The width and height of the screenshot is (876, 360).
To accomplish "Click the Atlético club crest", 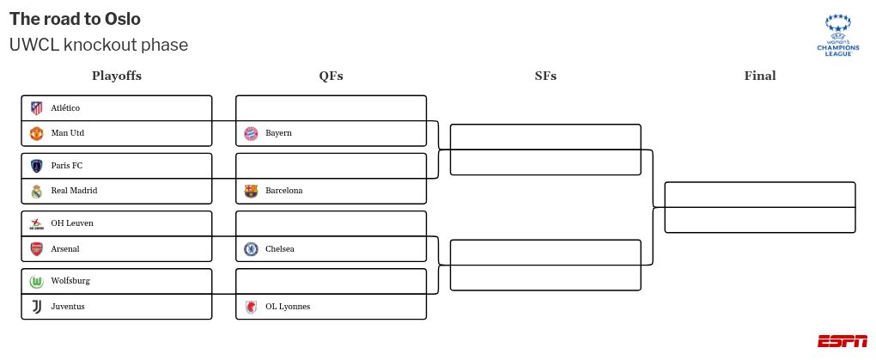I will tap(36, 108).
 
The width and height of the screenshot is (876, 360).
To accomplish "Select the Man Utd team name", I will tap(67, 133).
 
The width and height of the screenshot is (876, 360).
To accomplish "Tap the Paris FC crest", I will tap(36, 166).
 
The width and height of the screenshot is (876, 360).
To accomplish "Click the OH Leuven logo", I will tap(36, 223).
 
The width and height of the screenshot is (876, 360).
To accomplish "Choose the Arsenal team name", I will tap(65, 249).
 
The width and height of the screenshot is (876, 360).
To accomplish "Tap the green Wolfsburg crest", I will tap(36, 281).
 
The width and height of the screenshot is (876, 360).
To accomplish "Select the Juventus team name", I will tap(68, 307).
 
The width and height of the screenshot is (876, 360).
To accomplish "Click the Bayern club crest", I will tap(251, 133).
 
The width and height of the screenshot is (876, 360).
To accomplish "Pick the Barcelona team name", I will tap(283, 191).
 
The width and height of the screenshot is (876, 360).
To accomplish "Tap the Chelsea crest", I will tap(251, 249).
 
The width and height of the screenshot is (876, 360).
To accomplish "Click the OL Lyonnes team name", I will tap(288, 307).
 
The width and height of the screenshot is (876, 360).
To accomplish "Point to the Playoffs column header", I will tap(117, 76).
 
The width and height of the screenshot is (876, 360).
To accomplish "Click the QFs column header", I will tap(331, 76).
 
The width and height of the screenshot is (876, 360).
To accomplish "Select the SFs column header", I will tap(545, 76).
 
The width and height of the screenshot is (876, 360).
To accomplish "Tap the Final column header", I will tap(760, 76).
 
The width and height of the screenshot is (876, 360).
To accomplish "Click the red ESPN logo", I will tap(842, 341).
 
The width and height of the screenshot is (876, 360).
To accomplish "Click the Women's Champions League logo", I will tap(837, 35).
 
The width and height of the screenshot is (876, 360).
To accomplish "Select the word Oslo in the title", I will tap(122, 19).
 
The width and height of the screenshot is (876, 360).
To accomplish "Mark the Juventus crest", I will tap(36, 307).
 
